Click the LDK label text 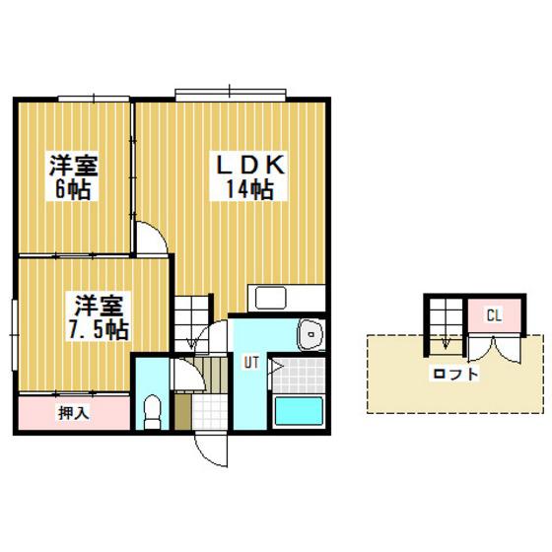coord(249,165)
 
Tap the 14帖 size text coord(249,189)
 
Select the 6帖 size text coord(73,189)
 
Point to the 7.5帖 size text coord(99,329)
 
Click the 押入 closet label coord(74,413)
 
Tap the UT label coord(251,363)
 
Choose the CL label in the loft coord(494,315)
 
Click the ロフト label coord(455,374)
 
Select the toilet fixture coord(153,411)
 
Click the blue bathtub coord(299,411)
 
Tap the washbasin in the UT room coord(310,334)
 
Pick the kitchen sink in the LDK coord(270,298)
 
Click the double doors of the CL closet coord(494,349)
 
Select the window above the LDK coord(231,93)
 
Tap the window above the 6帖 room coord(94,99)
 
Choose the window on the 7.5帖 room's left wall coord(15,334)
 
